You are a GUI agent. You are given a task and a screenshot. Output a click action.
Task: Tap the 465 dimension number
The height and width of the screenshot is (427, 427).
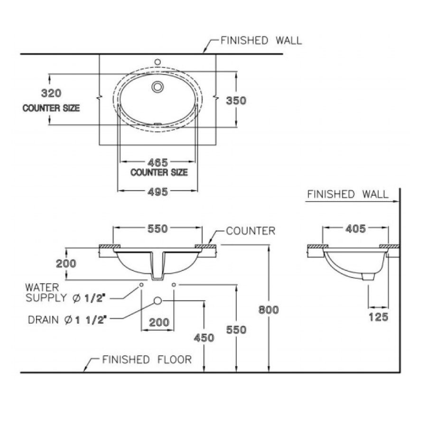(157, 162)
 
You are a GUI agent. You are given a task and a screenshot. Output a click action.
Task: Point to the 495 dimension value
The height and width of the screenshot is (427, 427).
(157, 191)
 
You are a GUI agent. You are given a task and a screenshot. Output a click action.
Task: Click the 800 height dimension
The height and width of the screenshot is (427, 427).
(269, 309)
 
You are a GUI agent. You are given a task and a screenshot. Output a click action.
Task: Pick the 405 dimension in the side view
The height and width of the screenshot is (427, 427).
(355, 229)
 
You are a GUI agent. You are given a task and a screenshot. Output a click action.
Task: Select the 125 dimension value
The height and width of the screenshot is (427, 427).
(378, 317)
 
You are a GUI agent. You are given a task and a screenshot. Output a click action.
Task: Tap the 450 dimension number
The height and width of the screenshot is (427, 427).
(204, 337)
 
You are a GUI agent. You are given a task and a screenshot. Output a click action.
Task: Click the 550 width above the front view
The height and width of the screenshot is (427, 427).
(157, 229)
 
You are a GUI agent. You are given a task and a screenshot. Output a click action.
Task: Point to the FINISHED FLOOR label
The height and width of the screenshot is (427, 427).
(147, 360)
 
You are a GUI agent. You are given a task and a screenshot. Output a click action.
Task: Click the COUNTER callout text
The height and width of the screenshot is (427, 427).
(250, 231)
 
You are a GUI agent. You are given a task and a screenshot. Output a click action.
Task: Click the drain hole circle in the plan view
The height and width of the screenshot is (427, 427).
(158, 87)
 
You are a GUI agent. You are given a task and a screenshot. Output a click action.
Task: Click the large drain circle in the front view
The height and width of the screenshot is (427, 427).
(158, 301)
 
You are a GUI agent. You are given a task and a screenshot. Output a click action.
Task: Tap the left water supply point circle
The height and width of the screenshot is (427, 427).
(141, 285)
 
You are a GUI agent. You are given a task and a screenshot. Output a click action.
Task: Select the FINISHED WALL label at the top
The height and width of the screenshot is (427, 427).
(260, 40)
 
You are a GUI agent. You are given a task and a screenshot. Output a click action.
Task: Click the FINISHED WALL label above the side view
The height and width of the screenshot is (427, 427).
(347, 194)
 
